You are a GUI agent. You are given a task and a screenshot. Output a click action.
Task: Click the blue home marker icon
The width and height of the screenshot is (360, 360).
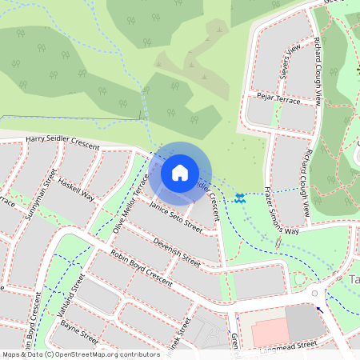[180, 173]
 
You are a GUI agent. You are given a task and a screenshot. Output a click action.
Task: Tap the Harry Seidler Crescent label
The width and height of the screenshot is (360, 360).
[62, 142]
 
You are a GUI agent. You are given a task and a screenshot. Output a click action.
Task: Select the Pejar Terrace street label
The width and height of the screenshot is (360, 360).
[278, 99]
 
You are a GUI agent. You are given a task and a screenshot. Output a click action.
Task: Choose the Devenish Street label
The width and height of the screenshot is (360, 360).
[176, 251]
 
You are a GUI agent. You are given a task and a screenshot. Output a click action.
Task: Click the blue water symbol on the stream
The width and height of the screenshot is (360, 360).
[240, 197]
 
